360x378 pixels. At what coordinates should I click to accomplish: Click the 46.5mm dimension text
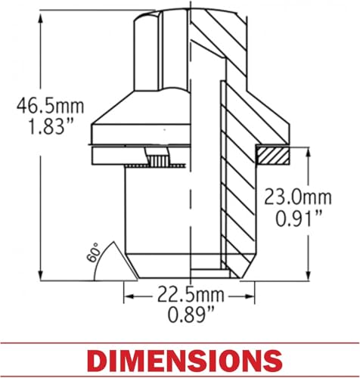tap(50, 106)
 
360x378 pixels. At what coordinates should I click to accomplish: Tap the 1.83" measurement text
tap(51, 126)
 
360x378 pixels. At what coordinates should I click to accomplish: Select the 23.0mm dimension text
tap(298, 197)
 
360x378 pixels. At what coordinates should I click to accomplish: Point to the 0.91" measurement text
tap(299, 218)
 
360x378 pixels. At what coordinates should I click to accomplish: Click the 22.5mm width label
tap(191, 295)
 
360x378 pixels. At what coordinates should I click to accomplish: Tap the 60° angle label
tap(92, 253)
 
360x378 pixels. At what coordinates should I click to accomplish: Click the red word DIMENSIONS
tap(186, 361)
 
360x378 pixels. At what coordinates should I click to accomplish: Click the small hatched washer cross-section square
tap(273, 156)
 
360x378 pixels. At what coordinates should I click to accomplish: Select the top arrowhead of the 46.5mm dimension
tap(40, 17)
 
